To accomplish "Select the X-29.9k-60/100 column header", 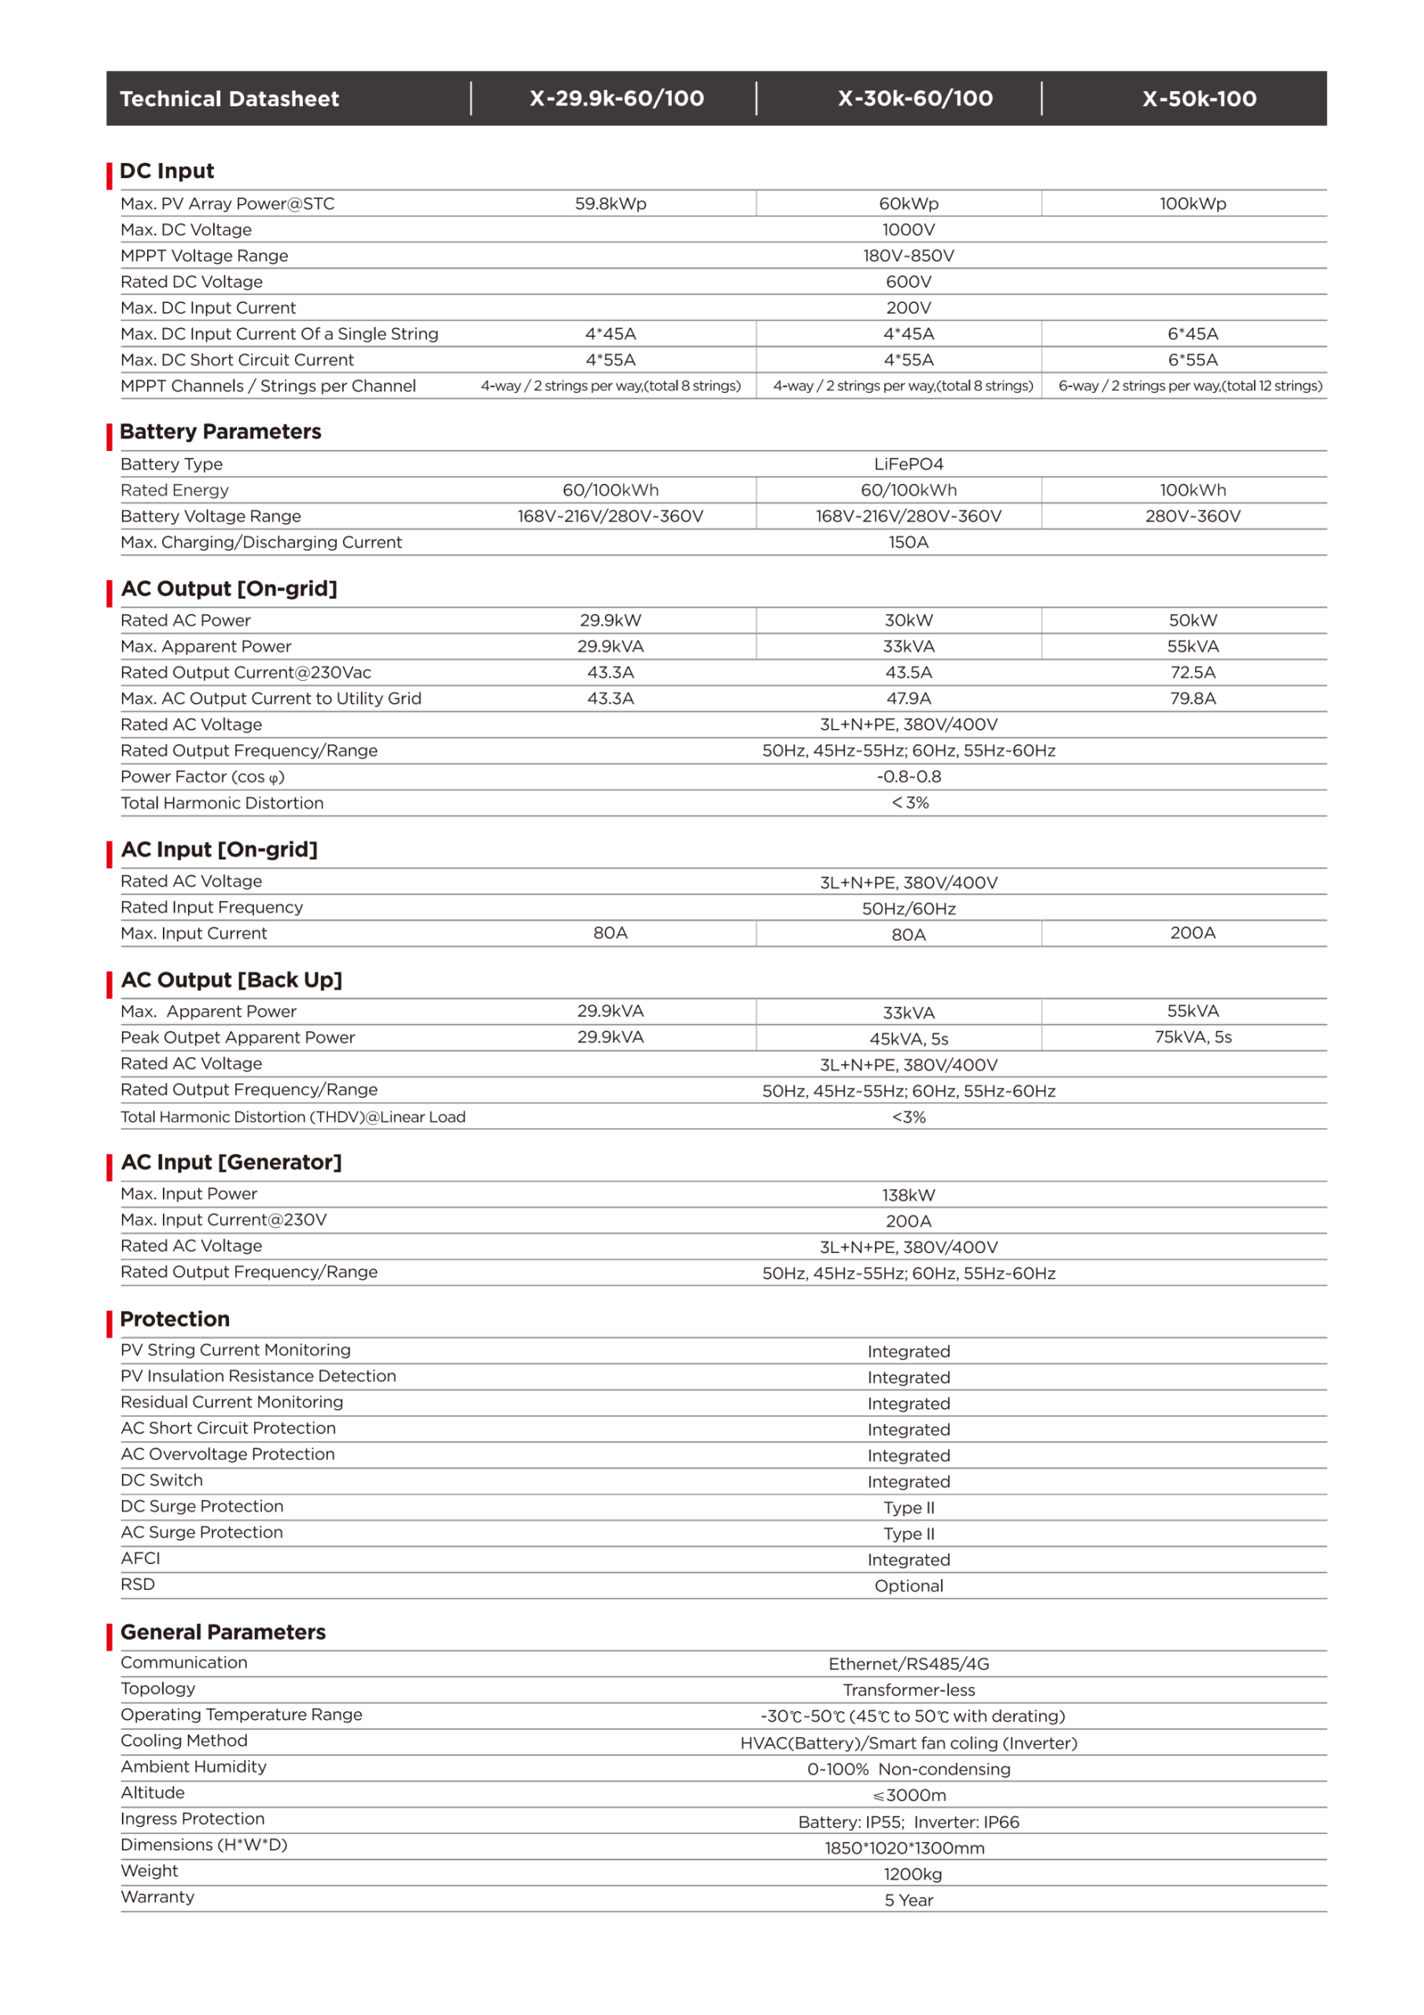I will click(616, 98).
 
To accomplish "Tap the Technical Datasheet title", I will click(229, 98).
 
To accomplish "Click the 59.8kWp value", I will click(610, 204).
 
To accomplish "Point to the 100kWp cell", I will click(1193, 204).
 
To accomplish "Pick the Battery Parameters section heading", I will click(220, 432).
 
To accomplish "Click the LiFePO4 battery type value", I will click(908, 464).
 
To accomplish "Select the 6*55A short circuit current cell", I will click(1193, 360).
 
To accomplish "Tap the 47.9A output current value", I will click(908, 699).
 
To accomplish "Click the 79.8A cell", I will click(1193, 699).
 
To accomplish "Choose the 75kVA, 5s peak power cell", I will click(1193, 1037).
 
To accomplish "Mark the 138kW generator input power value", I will click(908, 1196).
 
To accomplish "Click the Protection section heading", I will click(175, 1319).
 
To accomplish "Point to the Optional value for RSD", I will click(908, 1586).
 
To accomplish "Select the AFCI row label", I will click(140, 1558).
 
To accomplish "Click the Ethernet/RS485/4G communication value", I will click(908, 1664).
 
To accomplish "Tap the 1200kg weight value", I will click(912, 1875).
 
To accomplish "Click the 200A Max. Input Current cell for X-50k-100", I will click(1193, 933).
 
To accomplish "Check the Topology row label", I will click(158, 1688).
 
